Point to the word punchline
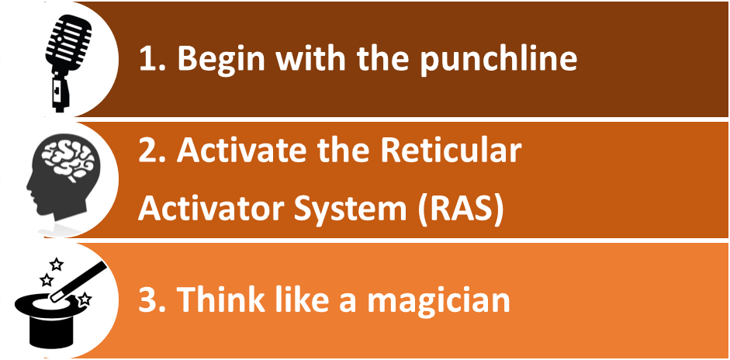[498, 61]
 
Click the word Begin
[217, 61]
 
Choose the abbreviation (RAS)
[462, 209]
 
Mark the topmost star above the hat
[57, 264]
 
